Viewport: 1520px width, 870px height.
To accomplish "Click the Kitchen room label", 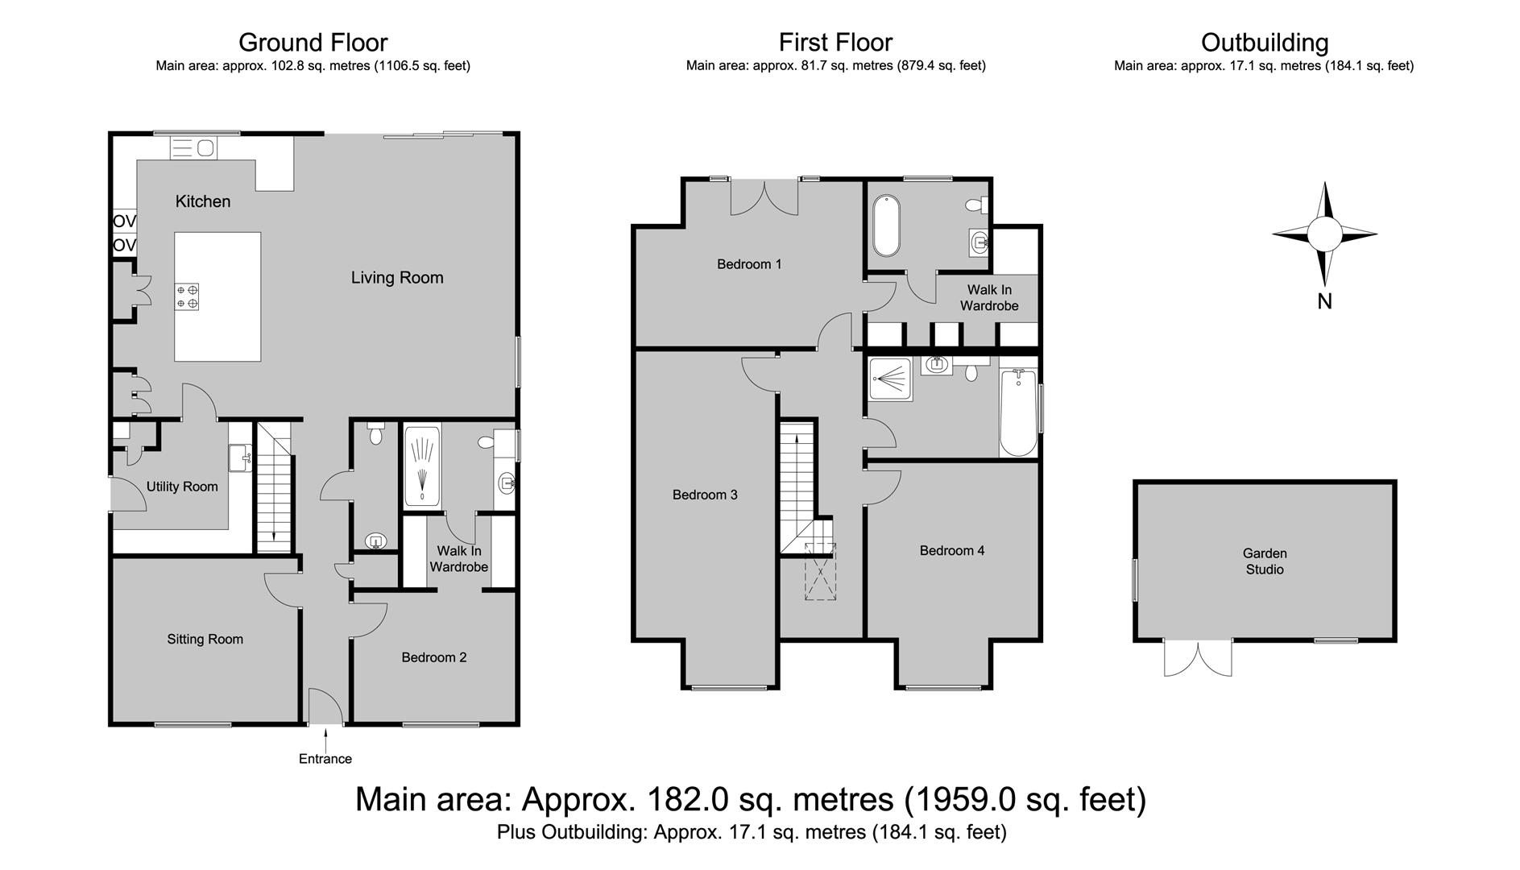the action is click(x=203, y=201).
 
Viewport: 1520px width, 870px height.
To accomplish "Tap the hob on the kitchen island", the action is click(x=187, y=296).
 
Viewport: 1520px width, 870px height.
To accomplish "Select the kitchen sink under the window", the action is click(x=193, y=148).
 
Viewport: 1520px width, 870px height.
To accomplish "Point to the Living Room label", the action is click(x=397, y=278).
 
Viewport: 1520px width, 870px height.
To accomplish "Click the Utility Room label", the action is click(x=182, y=487).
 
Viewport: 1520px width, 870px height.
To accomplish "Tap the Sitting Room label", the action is click(x=205, y=640).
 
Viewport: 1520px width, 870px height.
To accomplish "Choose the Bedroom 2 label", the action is click(x=434, y=657).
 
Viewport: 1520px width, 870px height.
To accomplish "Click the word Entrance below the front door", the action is click(x=325, y=759).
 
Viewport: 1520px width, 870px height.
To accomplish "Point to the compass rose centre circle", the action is click(x=1324, y=234).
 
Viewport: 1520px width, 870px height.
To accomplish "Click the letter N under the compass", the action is click(x=1324, y=301).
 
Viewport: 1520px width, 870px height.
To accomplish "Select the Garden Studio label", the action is click(x=1265, y=561).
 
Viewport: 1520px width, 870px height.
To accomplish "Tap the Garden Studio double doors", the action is click(x=1198, y=658).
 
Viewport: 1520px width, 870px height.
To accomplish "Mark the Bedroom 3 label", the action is click(x=705, y=495).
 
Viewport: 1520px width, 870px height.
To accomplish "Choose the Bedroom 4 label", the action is click(x=952, y=551).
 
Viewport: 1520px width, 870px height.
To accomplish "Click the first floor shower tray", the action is click(x=890, y=379).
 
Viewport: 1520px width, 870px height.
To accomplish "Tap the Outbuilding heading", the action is click(x=1264, y=42).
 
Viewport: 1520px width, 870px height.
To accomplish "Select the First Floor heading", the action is click(x=835, y=42).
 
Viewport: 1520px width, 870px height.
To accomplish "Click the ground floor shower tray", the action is click(x=422, y=466).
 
